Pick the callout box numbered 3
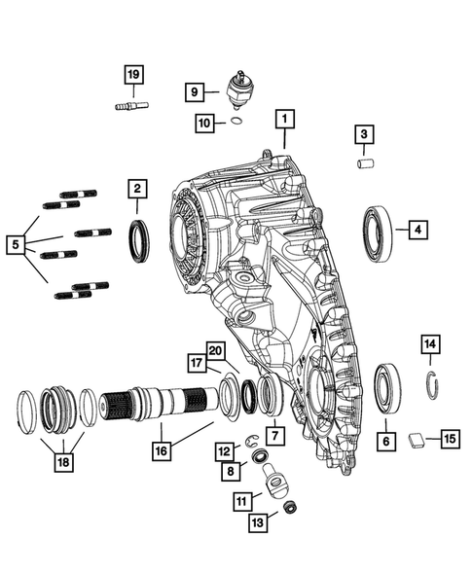[362, 133]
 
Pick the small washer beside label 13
[289, 508]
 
